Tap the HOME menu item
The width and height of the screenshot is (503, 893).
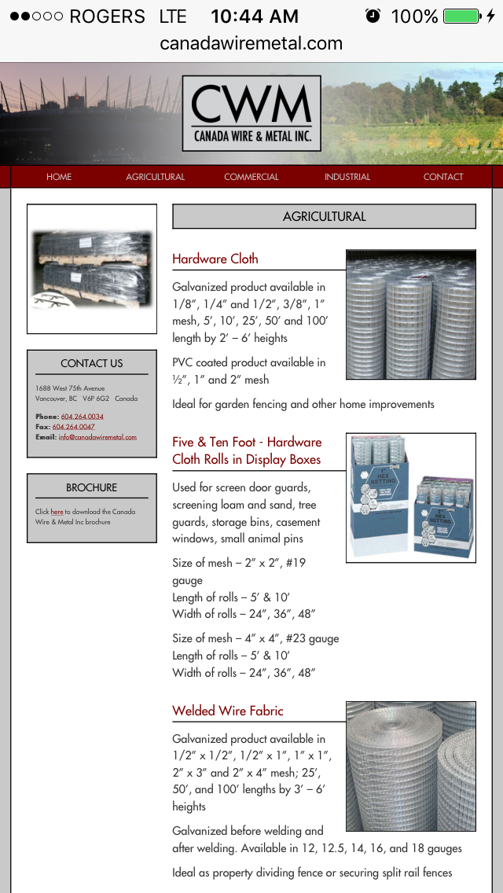(x=59, y=177)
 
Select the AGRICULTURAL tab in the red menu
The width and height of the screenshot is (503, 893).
(x=155, y=177)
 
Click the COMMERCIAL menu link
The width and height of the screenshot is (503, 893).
(x=251, y=177)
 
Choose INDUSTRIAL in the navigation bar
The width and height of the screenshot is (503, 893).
(x=347, y=177)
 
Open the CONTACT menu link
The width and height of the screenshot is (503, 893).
(x=443, y=177)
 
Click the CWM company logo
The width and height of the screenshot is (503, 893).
(x=251, y=112)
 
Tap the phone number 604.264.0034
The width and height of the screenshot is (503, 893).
(x=83, y=417)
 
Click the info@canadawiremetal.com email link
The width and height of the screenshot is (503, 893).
(x=97, y=437)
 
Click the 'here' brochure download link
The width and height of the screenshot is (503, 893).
(x=57, y=512)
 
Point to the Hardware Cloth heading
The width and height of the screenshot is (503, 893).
(x=215, y=259)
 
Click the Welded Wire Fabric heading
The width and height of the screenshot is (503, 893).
(x=228, y=711)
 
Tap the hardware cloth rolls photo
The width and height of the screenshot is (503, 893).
(x=410, y=314)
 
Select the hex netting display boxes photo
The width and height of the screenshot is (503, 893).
(x=410, y=498)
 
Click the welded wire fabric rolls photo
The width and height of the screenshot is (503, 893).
(x=410, y=766)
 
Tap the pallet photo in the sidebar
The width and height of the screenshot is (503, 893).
(x=92, y=269)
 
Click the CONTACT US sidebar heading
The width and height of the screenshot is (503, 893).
(x=92, y=363)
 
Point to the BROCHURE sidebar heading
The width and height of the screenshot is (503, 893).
(x=92, y=487)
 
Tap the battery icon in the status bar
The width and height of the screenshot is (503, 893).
(x=461, y=16)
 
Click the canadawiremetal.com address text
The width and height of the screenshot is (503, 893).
(x=251, y=43)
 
